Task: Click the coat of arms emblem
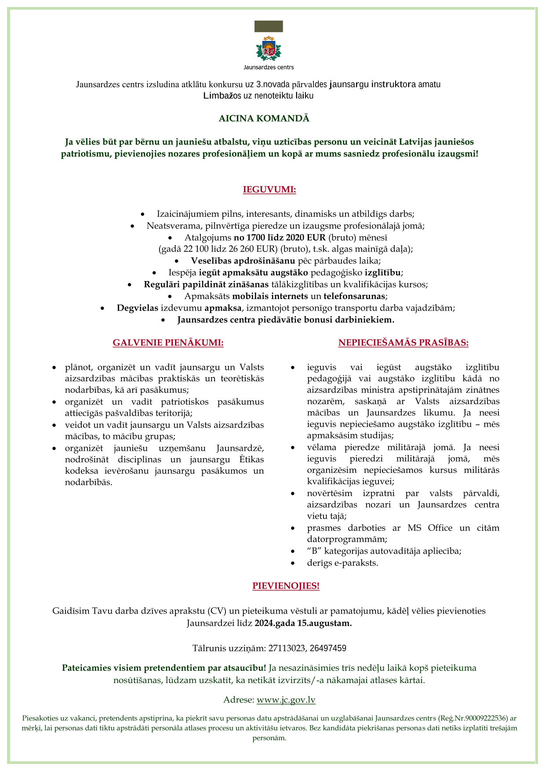click(x=269, y=48)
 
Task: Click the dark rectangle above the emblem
click(x=269, y=26)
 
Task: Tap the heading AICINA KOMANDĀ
click(x=264, y=118)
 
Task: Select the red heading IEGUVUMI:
click(x=269, y=190)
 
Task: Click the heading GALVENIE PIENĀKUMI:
click(x=168, y=343)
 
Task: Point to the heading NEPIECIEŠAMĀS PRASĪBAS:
click(x=403, y=343)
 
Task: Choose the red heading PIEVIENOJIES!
click(x=286, y=586)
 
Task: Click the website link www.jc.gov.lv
click(x=286, y=700)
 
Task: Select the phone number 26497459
click(x=328, y=648)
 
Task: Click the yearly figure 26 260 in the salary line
click(x=239, y=249)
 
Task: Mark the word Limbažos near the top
click(x=222, y=95)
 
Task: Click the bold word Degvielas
click(x=137, y=308)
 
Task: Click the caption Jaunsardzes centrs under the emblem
click(x=269, y=67)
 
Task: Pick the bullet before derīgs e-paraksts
click(x=293, y=563)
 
